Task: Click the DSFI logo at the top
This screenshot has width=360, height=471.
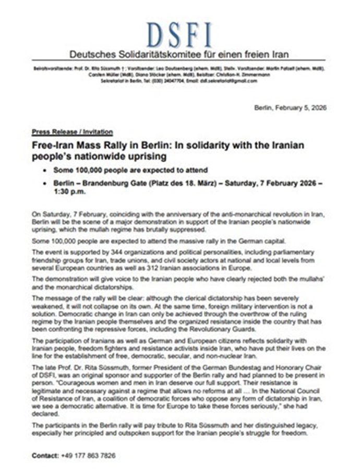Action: click(179, 34)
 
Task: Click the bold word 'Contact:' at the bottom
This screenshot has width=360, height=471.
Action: click(45, 455)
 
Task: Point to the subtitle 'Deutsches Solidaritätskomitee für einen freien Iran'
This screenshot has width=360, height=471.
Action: click(179, 55)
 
